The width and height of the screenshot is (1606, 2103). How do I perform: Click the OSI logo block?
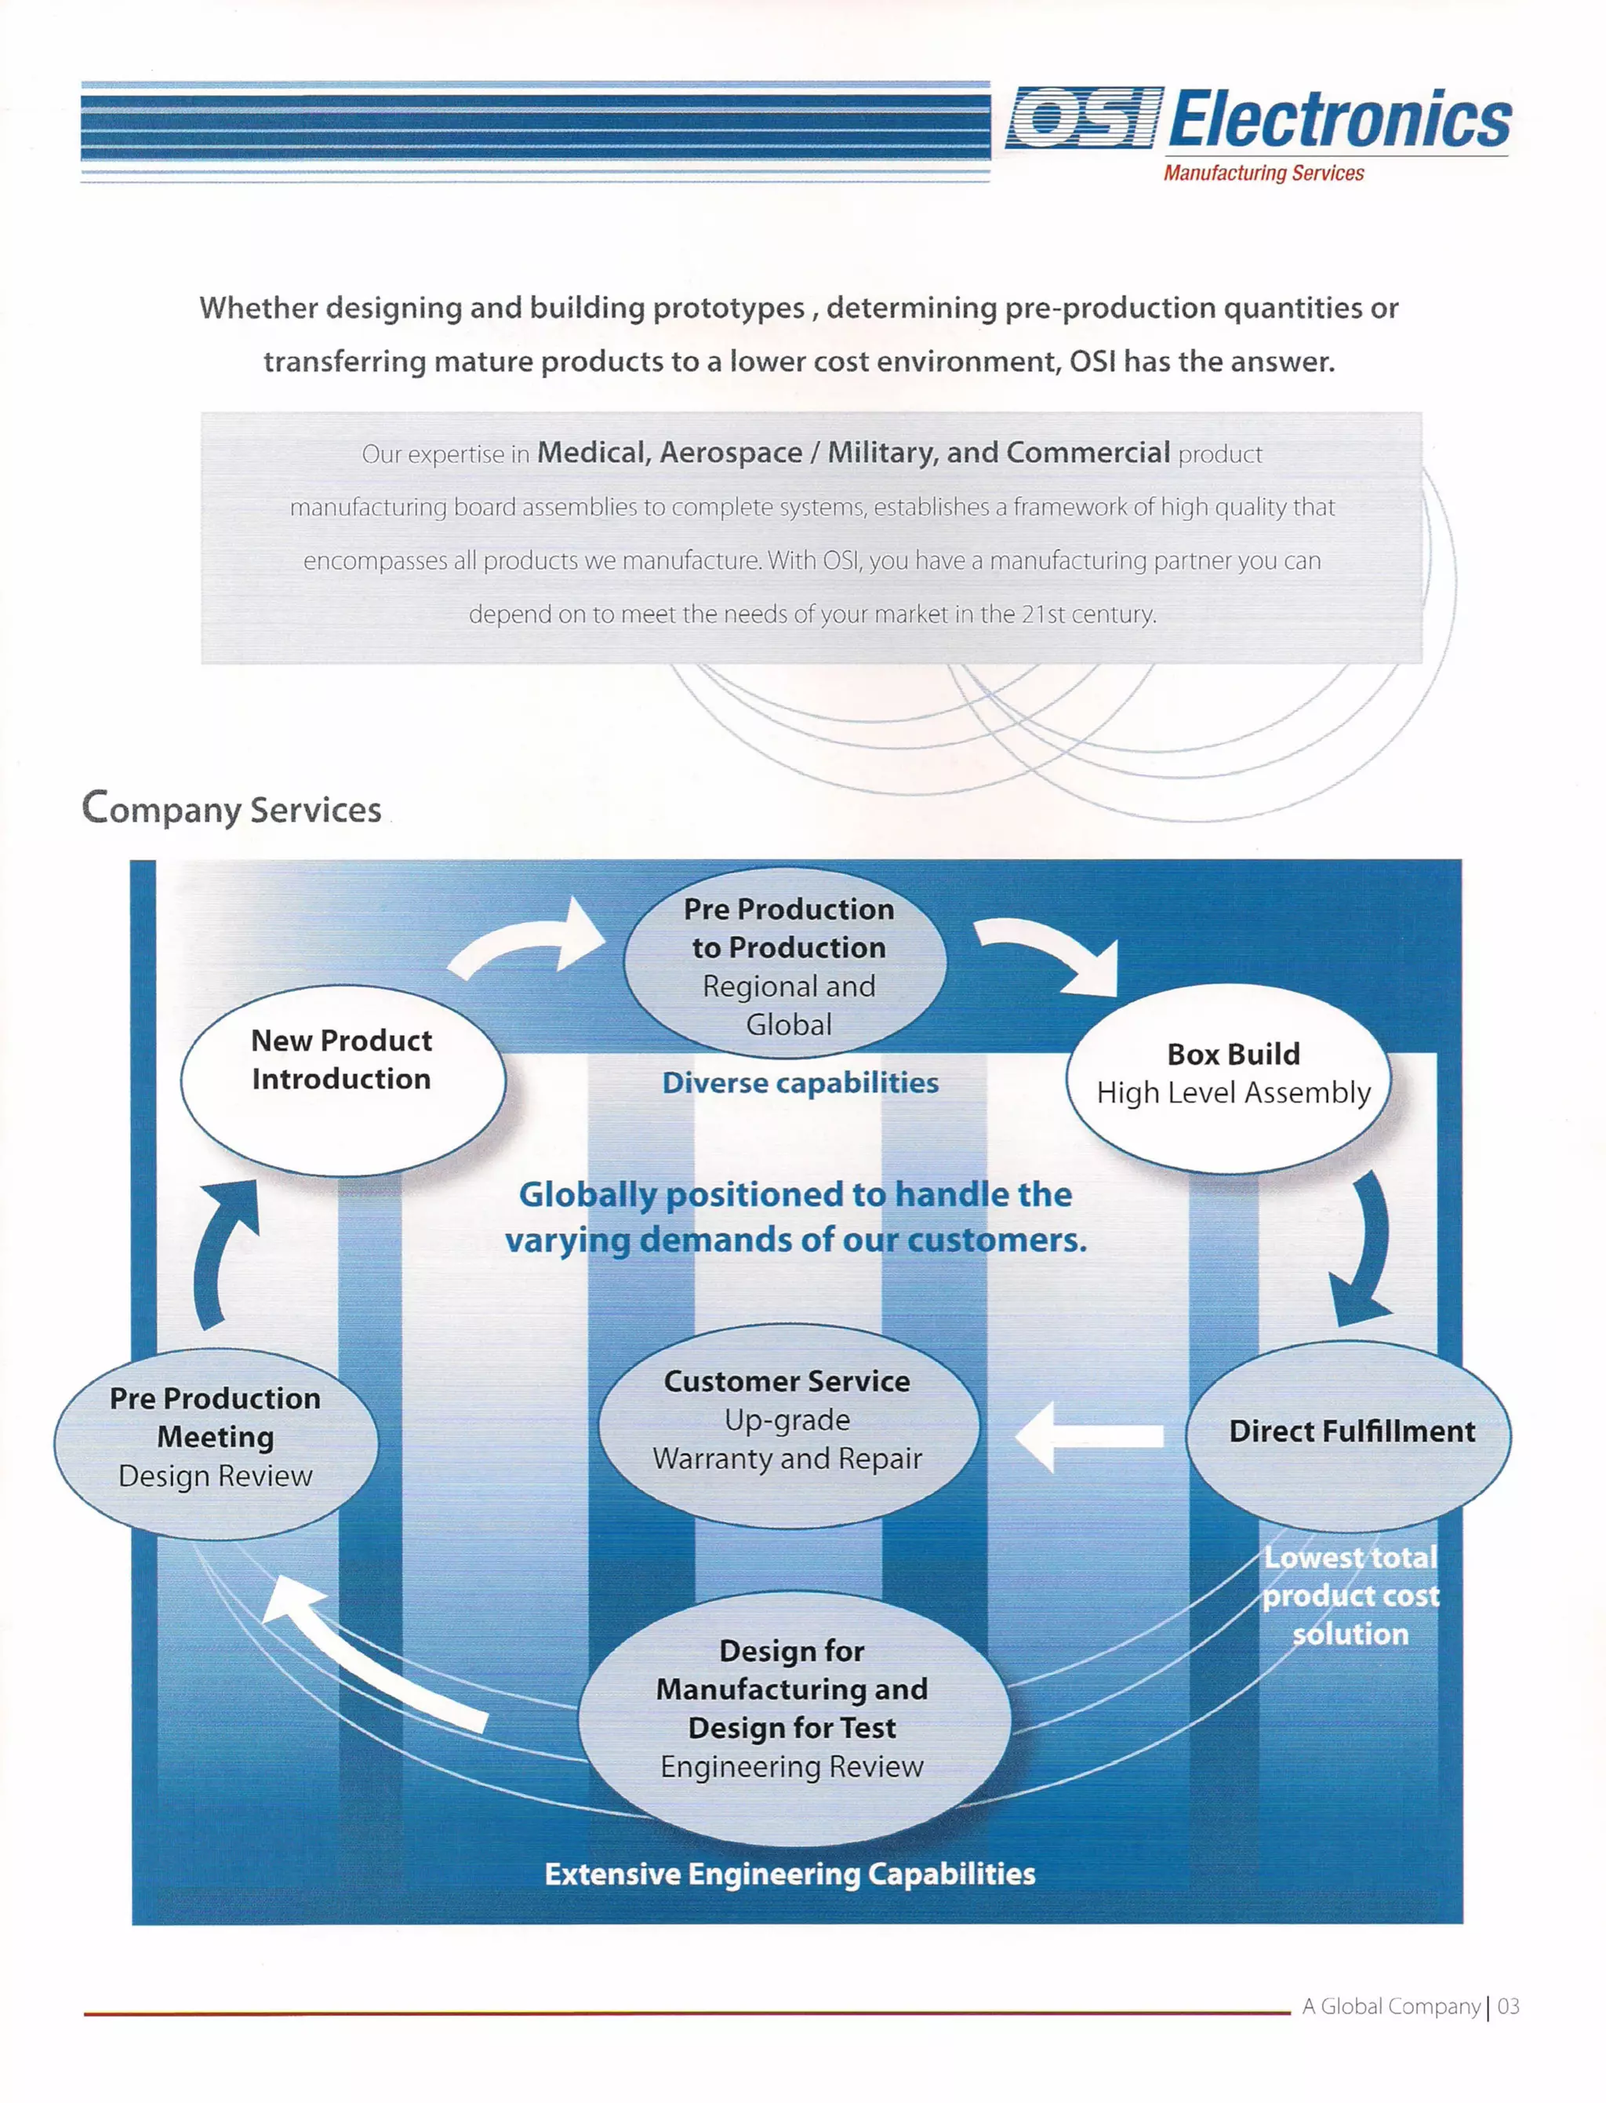tap(1084, 118)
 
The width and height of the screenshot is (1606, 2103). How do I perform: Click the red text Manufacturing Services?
tap(1263, 173)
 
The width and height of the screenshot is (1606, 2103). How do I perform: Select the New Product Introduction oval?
tap(342, 1080)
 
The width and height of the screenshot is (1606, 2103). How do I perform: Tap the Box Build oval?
tap(1228, 1078)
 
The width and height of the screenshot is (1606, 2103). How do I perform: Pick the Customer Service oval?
tap(789, 1424)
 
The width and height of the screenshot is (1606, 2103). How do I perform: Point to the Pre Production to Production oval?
tap(786, 963)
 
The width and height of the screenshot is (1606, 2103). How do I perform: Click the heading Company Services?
tap(231, 808)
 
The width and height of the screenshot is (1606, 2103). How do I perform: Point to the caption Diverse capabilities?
tap(800, 1083)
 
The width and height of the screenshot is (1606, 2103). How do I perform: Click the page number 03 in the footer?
tap(1509, 2006)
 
